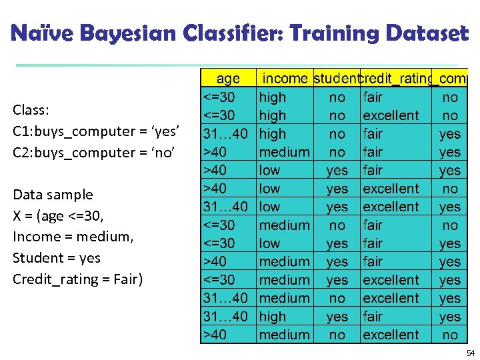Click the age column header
tap(228, 79)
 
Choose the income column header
tap(285, 79)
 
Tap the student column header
tap(336, 79)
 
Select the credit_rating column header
tap(395, 79)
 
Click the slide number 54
tap(471, 352)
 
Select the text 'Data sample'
tap(53, 195)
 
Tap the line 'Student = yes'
tap(57, 257)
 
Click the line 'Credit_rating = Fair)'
tap(77, 279)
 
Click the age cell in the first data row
tap(219, 97)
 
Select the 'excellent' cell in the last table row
tap(391, 335)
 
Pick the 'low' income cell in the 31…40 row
tap(269, 207)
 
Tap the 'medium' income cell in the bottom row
tap(284, 335)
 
